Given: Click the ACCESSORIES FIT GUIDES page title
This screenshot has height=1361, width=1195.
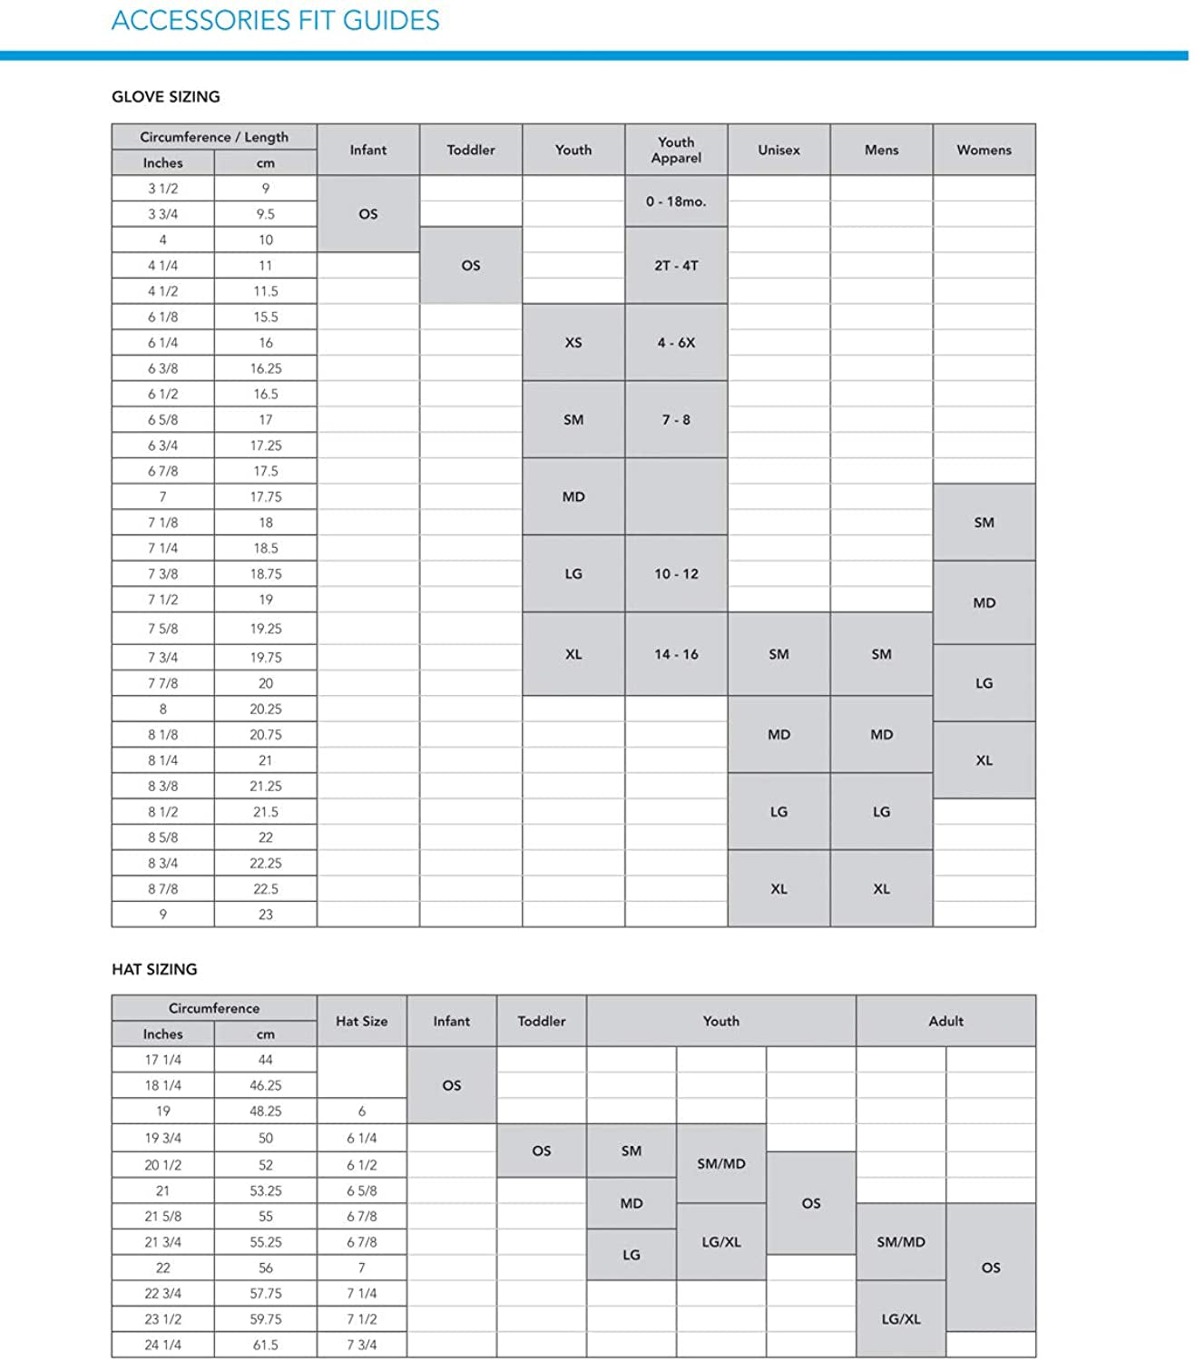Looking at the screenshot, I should pyautogui.click(x=275, y=20).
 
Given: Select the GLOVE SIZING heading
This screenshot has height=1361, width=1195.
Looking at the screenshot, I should pyautogui.click(x=165, y=96).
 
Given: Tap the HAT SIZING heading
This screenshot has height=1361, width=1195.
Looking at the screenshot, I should pyautogui.click(x=154, y=969).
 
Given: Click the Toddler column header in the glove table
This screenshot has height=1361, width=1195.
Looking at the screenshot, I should pyautogui.click(x=470, y=150).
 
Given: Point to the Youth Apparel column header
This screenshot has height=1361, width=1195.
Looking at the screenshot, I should pyautogui.click(x=676, y=150).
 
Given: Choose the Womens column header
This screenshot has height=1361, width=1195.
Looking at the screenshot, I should pyautogui.click(x=984, y=150).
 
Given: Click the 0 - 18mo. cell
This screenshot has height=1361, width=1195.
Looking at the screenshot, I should pyautogui.click(x=676, y=201).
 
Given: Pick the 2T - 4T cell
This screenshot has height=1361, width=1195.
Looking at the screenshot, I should pyautogui.click(x=676, y=265).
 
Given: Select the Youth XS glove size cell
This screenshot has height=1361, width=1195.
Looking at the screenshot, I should pyautogui.click(x=573, y=342).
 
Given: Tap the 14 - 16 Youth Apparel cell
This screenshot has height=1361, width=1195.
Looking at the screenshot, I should pyautogui.click(x=676, y=654).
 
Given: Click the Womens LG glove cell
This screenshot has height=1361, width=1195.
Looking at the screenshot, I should pyautogui.click(x=984, y=683).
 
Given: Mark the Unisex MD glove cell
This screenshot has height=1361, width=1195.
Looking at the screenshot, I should pyautogui.click(x=779, y=734).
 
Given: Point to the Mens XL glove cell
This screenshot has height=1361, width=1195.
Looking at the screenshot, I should pyautogui.click(x=881, y=888).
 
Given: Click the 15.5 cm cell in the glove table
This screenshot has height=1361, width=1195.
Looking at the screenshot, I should pyautogui.click(x=265, y=317).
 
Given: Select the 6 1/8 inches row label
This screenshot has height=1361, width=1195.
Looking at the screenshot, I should pyautogui.click(x=162, y=317).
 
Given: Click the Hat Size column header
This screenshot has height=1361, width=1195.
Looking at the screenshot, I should pyautogui.click(x=361, y=1021).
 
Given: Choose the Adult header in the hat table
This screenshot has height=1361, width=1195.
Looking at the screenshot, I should pyautogui.click(x=945, y=1021).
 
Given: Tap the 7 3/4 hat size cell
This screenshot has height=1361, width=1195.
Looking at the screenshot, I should pyautogui.click(x=361, y=1345).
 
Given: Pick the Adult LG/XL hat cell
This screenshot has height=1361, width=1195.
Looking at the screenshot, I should pyautogui.click(x=901, y=1319).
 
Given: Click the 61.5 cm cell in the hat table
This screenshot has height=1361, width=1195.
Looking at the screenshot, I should pyautogui.click(x=265, y=1345).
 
